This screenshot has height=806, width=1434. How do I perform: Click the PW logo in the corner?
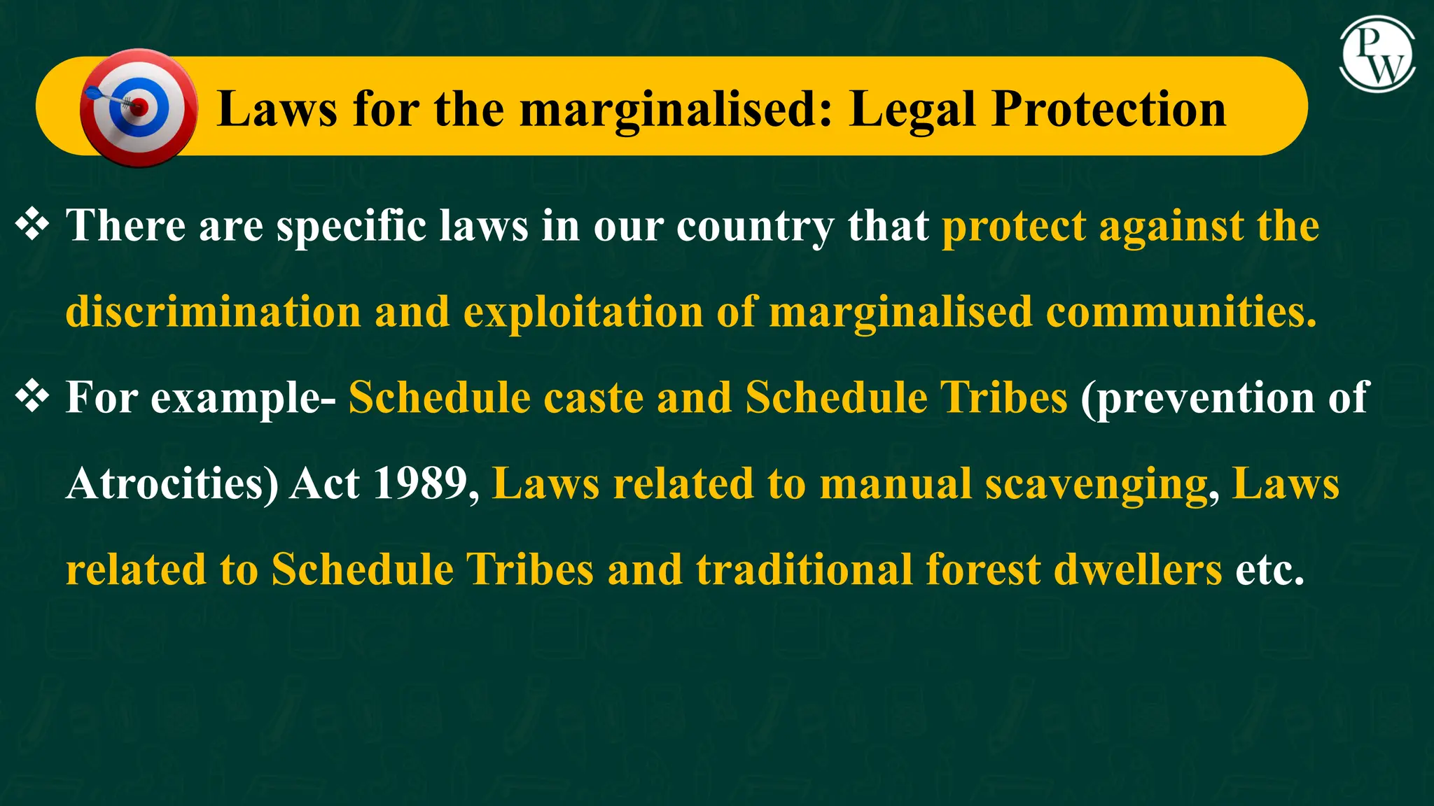[1377, 56]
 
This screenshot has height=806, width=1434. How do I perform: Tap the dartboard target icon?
[138, 108]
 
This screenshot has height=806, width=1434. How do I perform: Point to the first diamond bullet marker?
[32, 225]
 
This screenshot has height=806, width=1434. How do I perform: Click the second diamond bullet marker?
[32, 397]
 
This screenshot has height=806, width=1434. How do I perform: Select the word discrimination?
[213, 311]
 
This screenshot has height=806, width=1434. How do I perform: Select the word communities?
[1181, 311]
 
